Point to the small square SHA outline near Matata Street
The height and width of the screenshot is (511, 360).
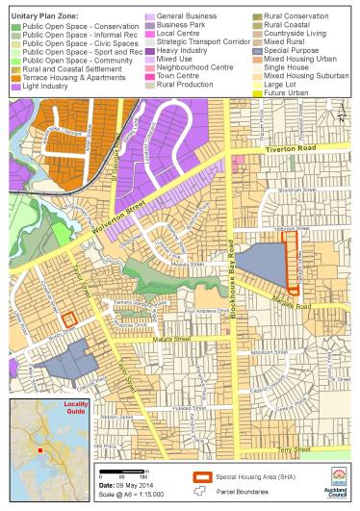[x=68, y=320]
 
